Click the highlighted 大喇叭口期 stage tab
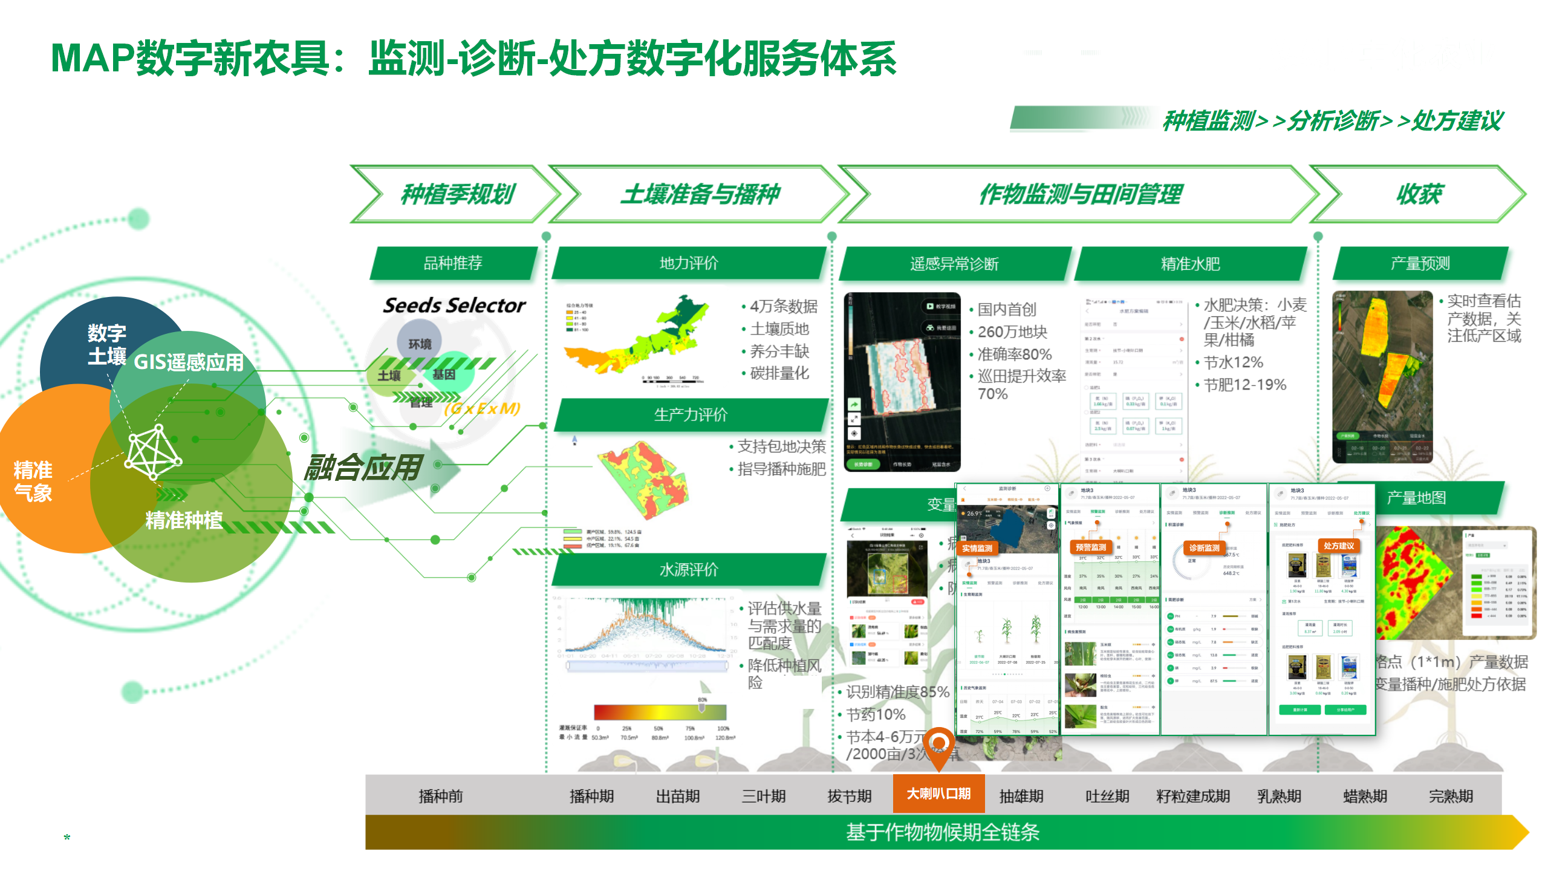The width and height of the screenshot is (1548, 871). click(938, 794)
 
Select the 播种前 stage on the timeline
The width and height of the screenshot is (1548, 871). click(441, 796)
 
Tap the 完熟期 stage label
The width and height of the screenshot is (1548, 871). click(1451, 796)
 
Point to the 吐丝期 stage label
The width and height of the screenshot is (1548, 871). click(1107, 796)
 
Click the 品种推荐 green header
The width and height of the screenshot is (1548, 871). click(453, 263)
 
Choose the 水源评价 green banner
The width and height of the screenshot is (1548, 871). click(689, 569)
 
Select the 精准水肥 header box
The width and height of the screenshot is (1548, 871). click(1190, 264)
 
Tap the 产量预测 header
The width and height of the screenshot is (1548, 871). click(1420, 263)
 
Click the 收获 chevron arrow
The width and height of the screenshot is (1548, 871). click(1419, 194)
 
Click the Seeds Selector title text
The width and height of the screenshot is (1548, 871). click(454, 305)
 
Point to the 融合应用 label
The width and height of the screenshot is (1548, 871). click(362, 468)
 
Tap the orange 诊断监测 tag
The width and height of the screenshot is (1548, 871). click(1204, 548)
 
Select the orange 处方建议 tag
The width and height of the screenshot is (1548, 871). click(1338, 546)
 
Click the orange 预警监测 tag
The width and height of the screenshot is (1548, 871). click(1091, 547)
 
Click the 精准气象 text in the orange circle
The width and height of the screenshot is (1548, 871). click(33, 481)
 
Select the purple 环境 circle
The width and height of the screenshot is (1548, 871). click(420, 343)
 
